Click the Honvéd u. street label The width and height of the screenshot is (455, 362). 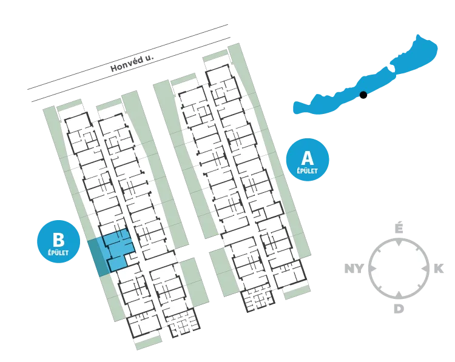132,63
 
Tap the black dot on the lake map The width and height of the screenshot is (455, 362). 363,95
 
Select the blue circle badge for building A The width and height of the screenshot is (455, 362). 308,159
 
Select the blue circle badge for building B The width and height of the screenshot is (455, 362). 59,241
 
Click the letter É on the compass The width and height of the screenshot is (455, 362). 399,229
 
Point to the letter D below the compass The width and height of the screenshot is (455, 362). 399,309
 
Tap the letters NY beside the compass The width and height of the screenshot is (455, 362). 354,269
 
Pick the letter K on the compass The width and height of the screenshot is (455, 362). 439,269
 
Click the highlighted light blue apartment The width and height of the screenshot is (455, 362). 118,249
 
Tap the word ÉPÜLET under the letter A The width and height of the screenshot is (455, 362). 308,171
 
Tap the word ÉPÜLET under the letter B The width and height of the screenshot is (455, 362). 59,253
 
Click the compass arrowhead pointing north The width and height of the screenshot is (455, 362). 399,242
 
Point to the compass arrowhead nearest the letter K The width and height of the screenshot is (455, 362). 425,269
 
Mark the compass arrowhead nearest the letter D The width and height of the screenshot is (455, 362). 399,295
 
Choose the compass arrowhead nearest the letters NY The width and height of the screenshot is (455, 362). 372,269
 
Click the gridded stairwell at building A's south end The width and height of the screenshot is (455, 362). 258,300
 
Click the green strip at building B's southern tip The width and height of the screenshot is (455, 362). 148,343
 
